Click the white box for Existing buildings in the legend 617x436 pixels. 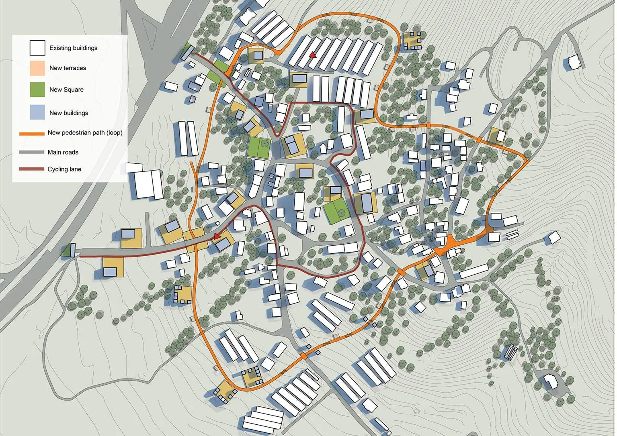click(x=37, y=48)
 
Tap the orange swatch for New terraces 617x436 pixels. click(x=37, y=68)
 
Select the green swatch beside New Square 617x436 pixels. click(x=37, y=90)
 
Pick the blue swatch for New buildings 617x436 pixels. click(x=37, y=112)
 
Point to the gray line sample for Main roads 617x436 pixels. click(x=31, y=152)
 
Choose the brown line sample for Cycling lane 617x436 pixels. click(x=31, y=169)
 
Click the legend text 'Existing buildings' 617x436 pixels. click(x=73, y=48)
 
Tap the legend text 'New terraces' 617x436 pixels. click(x=68, y=68)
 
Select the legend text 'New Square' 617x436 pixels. click(x=66, y=90)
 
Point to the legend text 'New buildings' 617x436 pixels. click(x=68, y=113)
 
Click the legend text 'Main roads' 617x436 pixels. click(x=63, y=152)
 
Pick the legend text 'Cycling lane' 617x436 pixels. click(x=64, y=169)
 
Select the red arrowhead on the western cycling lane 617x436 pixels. click(x=217, y=236)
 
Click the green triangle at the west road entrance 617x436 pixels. click(x=67, y=251)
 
